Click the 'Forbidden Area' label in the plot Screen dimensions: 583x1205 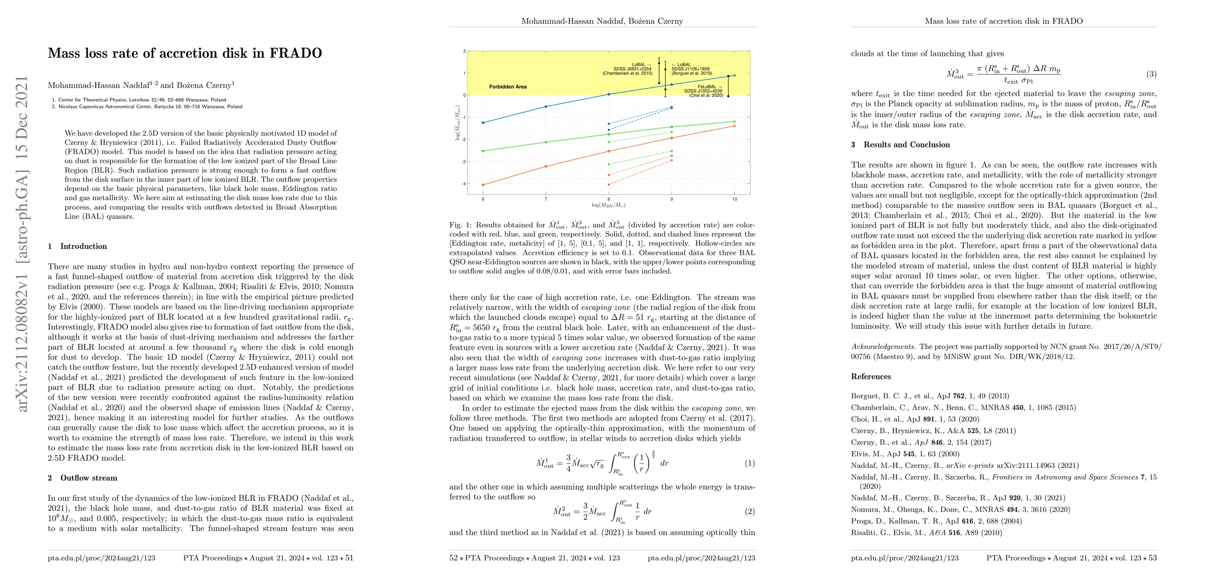coord(508,87)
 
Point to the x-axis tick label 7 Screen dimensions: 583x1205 coord(546,199)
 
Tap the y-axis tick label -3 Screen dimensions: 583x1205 coord(464,162)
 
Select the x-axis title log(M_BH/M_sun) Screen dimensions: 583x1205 coord(608,206)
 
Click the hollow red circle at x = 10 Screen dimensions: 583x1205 coord(734,126)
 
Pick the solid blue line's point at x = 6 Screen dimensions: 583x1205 coord(483,123)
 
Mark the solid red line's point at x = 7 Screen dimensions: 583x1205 coord(546,167)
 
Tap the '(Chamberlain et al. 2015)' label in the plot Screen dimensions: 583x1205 coord(627,73)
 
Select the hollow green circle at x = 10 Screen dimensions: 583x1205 coord(734,121)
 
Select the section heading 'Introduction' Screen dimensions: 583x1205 coord(83,246)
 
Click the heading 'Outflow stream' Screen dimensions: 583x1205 coord(89,478)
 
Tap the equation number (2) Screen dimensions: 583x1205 coord(749,511)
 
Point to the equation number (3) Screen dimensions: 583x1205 coord(1151,74)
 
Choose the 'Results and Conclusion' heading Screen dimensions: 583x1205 coord(906,145)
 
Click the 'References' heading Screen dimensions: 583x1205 coord(870,377)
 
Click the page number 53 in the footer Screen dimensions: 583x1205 coord(1152,558)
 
